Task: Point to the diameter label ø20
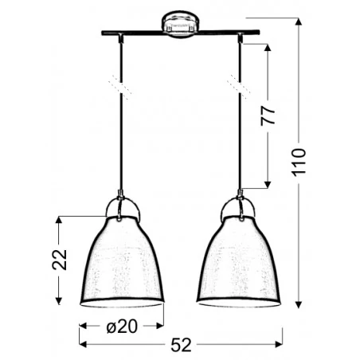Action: click(122, 326)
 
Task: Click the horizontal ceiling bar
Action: click(179, 33)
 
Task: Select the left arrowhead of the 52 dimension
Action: click(83, 343)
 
